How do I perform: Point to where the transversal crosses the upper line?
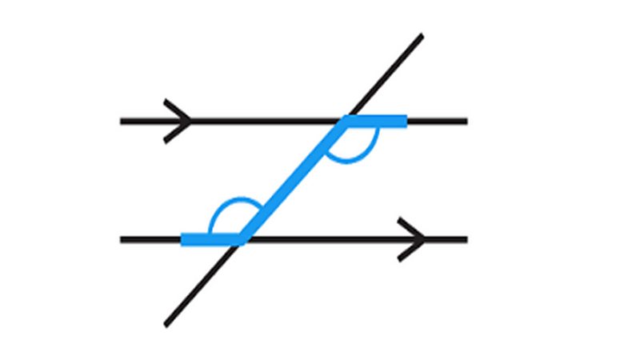[x=346, y=122]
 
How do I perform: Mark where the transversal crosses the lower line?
[x=238, y=238]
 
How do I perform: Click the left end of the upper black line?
[x=122, y=122]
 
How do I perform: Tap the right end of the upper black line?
[x=466, y=122]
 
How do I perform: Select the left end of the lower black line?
[x=122, y=238]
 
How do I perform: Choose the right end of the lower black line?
[x=466, y=238]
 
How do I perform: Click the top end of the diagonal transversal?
[x=421, y=36]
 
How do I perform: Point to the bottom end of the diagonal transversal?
[x=166, y=324]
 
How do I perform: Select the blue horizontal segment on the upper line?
[x=376, y=122]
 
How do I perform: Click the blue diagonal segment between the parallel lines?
[x=293, y=180]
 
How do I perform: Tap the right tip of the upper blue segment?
[x=406, y=122]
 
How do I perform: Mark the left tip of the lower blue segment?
[x=183, y=238]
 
